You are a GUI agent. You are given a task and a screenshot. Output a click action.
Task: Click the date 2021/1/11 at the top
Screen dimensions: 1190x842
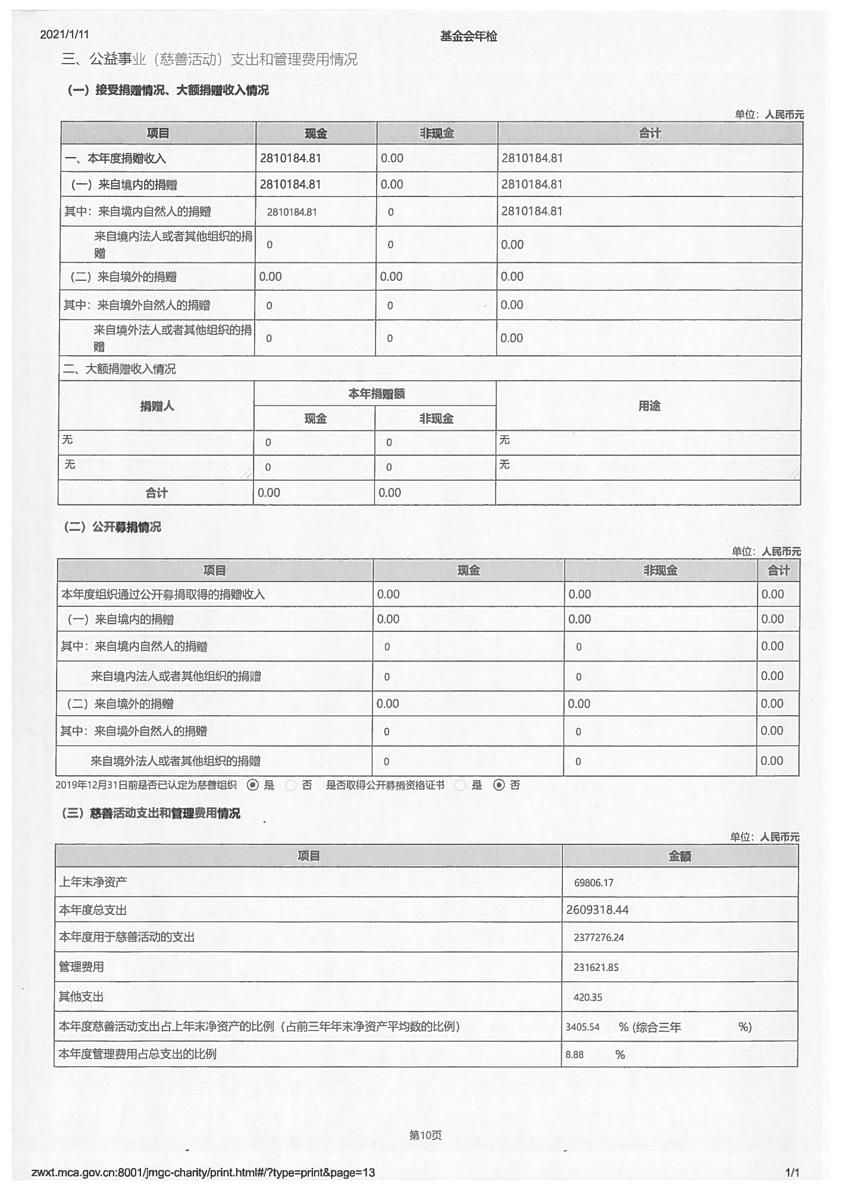[64, 35]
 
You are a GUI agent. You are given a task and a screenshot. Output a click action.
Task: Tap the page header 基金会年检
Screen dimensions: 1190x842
[468, 36]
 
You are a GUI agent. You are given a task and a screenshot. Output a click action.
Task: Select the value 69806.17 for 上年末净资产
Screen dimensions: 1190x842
[593, 882]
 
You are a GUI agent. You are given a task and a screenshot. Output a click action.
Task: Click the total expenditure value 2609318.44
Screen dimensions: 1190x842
[597, 910]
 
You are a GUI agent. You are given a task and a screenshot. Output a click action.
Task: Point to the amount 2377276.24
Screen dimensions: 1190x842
[599, 938]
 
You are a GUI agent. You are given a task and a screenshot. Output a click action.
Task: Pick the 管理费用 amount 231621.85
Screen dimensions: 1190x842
[596, 967]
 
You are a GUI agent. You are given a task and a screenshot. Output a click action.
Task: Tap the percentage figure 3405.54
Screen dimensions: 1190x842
[582, 1027]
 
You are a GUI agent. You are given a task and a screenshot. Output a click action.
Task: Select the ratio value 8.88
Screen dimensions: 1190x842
[574, 1055]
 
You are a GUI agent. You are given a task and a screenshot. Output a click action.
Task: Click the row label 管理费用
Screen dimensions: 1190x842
[82, 967]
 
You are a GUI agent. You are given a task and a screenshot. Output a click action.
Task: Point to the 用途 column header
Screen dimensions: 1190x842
[649, 406]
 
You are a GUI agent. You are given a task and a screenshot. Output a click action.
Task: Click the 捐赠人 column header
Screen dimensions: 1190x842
[157, 406]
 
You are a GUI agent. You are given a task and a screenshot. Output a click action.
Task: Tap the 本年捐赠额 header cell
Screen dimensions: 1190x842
[376, 394]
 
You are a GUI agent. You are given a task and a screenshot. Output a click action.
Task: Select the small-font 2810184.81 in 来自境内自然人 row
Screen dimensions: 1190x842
[292, 212]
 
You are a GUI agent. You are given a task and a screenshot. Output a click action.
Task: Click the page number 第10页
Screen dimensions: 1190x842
[425, 1135]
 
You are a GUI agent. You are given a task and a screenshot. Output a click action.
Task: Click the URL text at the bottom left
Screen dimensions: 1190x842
[203, 1173]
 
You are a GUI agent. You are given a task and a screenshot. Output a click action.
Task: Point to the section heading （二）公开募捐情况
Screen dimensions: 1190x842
[112, 527]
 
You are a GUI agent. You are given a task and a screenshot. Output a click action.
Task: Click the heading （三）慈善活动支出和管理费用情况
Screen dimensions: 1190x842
[151, 813]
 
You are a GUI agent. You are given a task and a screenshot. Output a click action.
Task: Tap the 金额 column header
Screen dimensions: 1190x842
[680, 856]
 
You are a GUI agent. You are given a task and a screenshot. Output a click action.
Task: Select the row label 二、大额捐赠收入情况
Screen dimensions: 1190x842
[119, 369]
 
